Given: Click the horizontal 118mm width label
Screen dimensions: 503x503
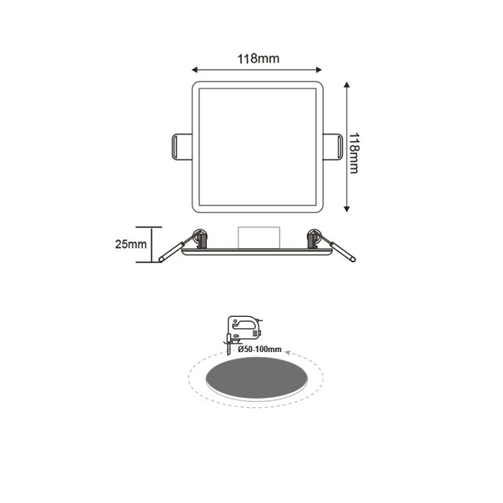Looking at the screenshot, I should [258, 59].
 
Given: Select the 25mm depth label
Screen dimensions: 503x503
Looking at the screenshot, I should [130, 244].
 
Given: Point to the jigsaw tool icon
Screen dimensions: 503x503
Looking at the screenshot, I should [243, 329].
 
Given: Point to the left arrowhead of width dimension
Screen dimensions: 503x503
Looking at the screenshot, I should [195, 70].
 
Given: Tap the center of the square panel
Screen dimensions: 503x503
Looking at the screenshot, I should [257, 147].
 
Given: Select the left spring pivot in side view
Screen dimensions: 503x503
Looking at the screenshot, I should [199, 236].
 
